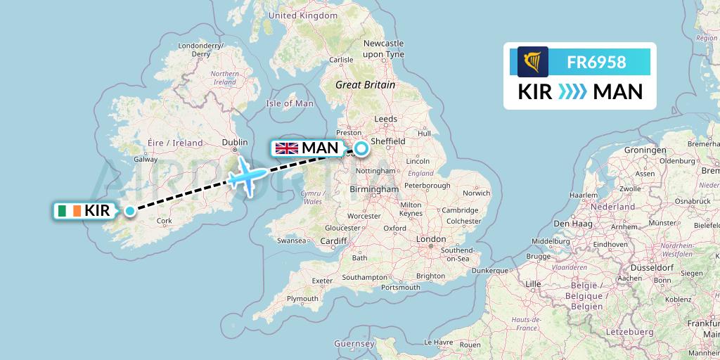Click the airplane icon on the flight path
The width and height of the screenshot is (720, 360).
tap(247, 175)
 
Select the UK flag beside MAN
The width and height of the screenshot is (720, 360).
tap(286, 148)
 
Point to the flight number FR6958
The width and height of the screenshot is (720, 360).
tap(596, 62)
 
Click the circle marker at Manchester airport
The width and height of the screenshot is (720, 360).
tap(361, 148)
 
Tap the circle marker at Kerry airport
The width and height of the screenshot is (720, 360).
tap(130, 210)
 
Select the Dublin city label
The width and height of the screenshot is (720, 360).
tap(235, 142)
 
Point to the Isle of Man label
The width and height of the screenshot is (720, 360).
tap(290, 103)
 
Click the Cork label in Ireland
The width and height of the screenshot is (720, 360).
tap(165, 221)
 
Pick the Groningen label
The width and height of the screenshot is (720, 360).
tap(645, 150)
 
